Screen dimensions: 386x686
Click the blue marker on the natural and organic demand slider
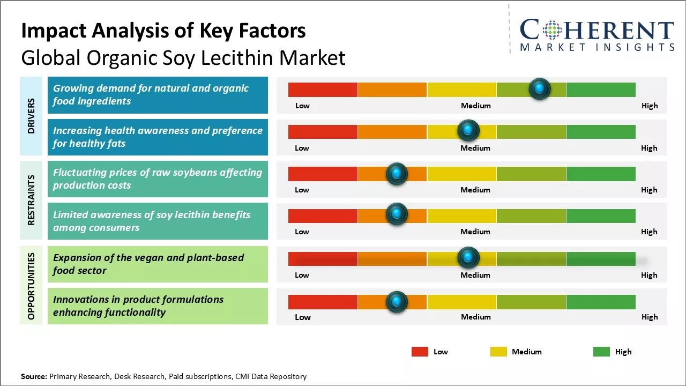coord(539,89)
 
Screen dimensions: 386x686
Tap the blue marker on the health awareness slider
coord(468,130)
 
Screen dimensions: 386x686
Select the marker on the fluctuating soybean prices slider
coord(397,173)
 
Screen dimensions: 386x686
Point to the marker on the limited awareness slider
coord(397,214)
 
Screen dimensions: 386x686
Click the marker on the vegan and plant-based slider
coord(468,258)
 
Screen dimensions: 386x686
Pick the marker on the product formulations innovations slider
coord(397,301)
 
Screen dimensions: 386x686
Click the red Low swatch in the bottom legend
coord(420,352)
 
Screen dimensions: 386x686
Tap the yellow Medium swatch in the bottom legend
coord(498,352)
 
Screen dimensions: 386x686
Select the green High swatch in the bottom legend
coord(601,352)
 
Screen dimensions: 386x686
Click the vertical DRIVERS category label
coord(31,116)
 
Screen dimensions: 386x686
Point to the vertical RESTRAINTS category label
coord(31,200)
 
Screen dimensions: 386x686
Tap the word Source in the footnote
coord(34,376)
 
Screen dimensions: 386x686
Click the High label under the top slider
coord(649,106)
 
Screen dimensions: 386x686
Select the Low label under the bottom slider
coord(302,317)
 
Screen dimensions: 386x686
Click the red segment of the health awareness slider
coord(323,131)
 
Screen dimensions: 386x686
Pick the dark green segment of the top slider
coord(600,90)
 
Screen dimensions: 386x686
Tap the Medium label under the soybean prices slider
coord(475,190)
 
